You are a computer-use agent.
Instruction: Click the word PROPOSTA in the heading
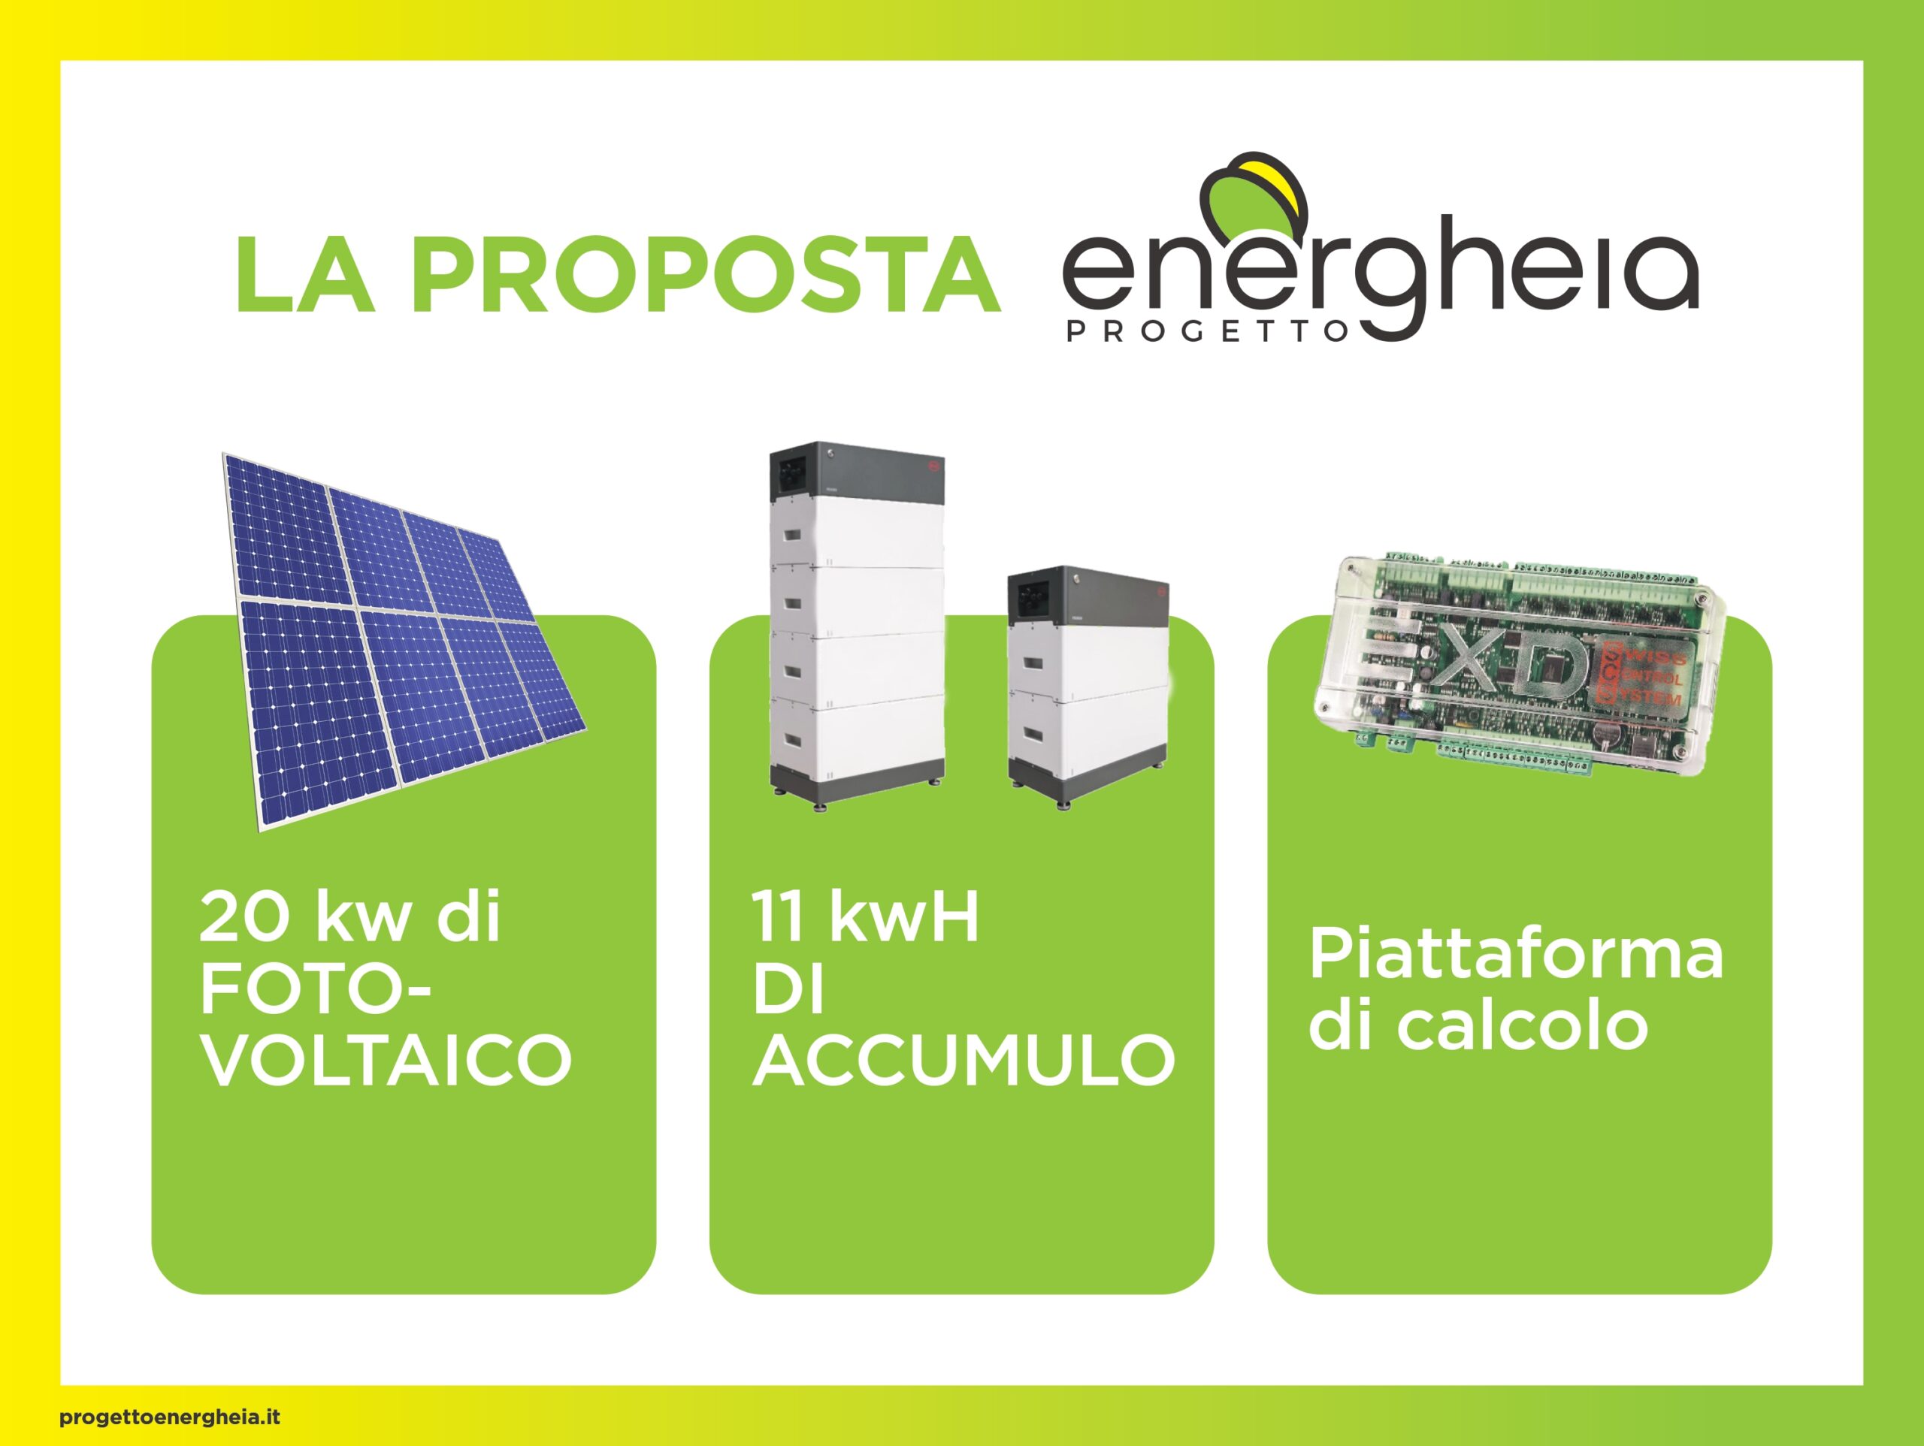(707, 271)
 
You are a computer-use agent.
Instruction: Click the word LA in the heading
(306, 271)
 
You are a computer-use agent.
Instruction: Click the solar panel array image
(404, 641)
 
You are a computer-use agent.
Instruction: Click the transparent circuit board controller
(1518, 666)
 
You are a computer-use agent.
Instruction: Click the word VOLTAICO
(386, 1059)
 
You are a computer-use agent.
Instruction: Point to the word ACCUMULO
(964, 1059)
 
